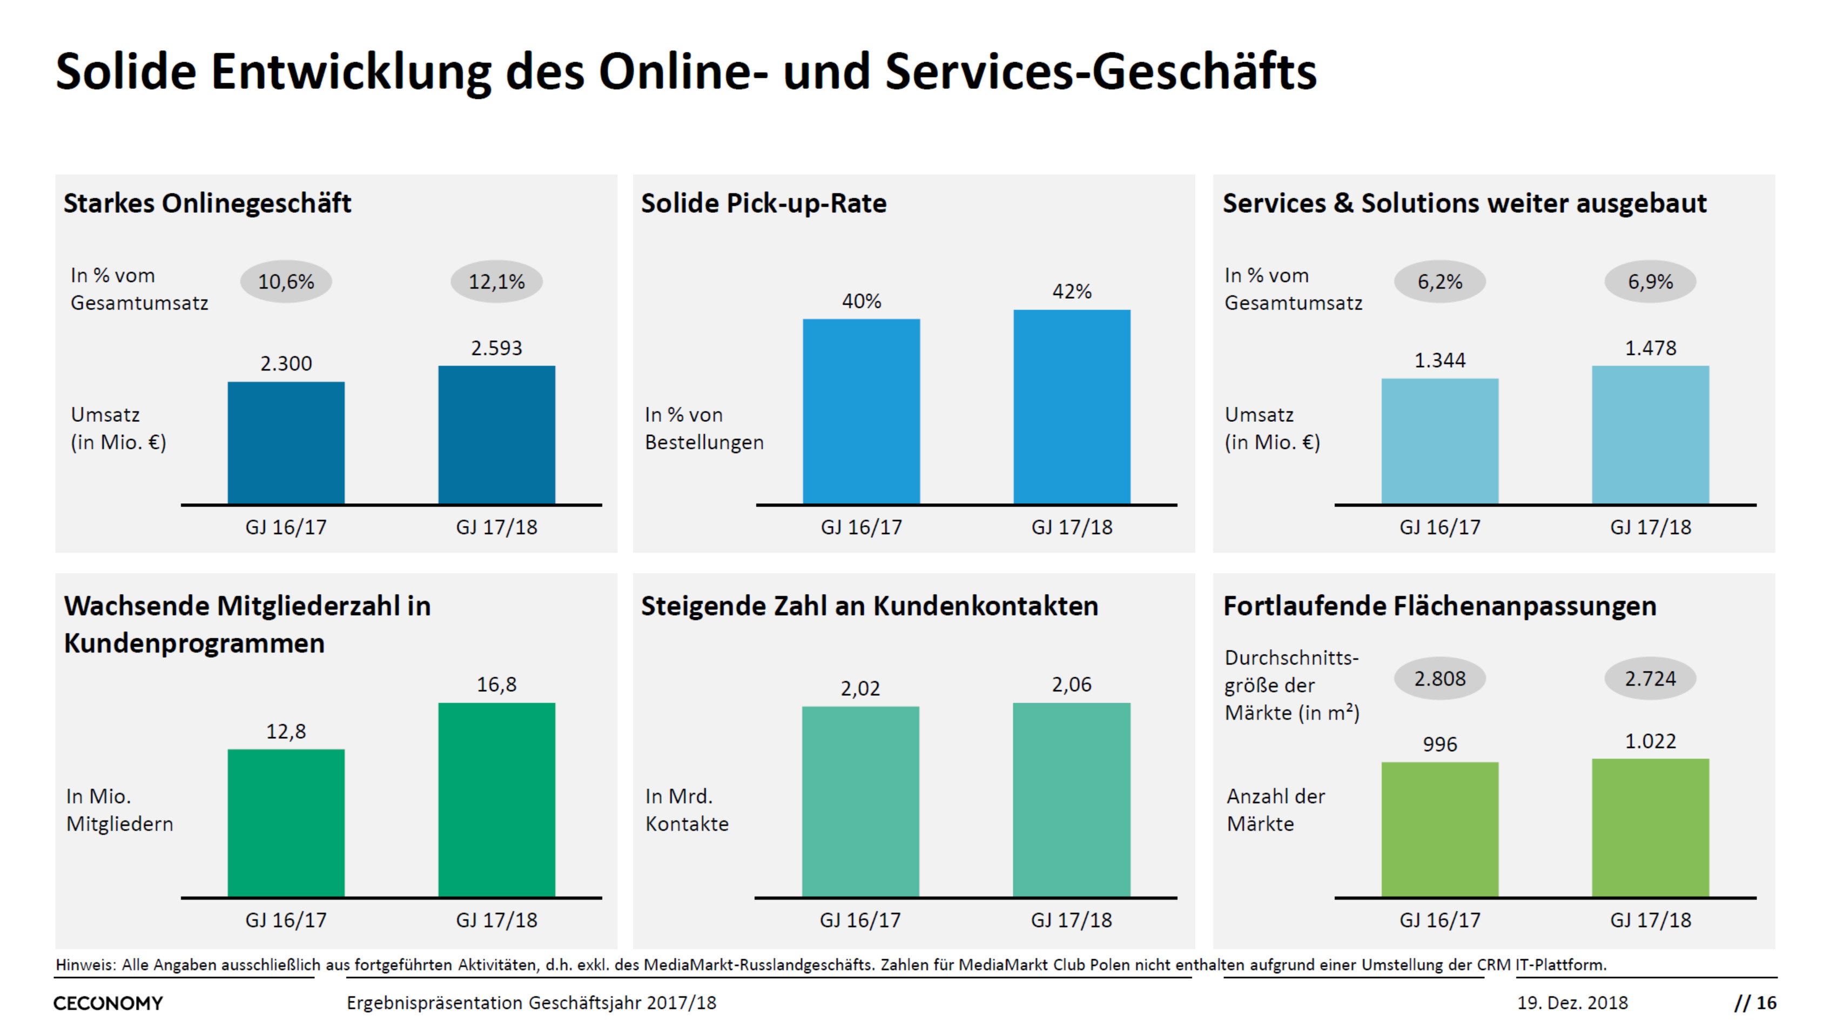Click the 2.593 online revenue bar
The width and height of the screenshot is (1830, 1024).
pyautogui.click(x=496, y=435)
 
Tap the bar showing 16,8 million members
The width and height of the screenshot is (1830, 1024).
pyautogui.click(x=496, y=800)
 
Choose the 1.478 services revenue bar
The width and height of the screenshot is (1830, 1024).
pyautogui.click(x=1650, y=435)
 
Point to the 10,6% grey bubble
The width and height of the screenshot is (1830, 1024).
pyautogui.click(x=286, y=282)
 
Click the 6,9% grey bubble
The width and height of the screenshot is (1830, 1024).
pyautogui.click(x=1650, y=282)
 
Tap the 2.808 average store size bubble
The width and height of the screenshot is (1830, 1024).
pyautogui.click(x=1440, y=678)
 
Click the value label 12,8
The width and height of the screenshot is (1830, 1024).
pyautogui.click(x=286, y=731)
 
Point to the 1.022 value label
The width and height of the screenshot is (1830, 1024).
pyautogui.click(x=1650, y=742)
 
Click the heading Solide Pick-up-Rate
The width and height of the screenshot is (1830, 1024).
pyautogui.click(x=764, y=203)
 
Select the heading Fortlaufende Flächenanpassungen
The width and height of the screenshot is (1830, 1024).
pyautogui.click(x=1439, y=606)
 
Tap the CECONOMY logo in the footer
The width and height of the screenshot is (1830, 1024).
pyautogui.click(x=108, y=1003)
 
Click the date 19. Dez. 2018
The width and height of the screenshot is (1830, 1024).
pyautogui.click(x=1572, y=1003)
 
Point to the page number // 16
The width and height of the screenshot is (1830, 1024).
pyautogui.click(x=1755, y=1003)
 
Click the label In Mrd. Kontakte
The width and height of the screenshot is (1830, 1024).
pyautogui.click(x=686, y=810)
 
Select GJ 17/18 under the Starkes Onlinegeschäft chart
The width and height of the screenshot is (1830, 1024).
pyautogui.click(x=496, y=527)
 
